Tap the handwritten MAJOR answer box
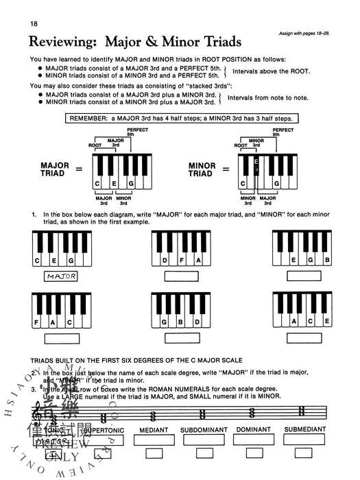pyautogui.click(x=61, y=276)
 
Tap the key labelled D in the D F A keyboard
pyautogui.click(x=165, y=261)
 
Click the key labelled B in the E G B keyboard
pyautogui.click(x=328, y=261)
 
